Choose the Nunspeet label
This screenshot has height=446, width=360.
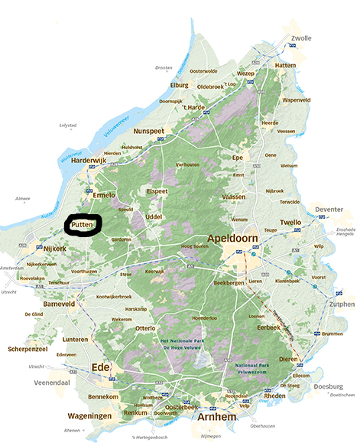tap(151, 132)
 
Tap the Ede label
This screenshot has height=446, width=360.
tap(101, 368)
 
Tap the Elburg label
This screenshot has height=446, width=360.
tap(179, 84)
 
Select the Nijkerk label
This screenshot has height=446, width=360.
tap(57, 249)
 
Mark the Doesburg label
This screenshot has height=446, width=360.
tap(326, 387)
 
